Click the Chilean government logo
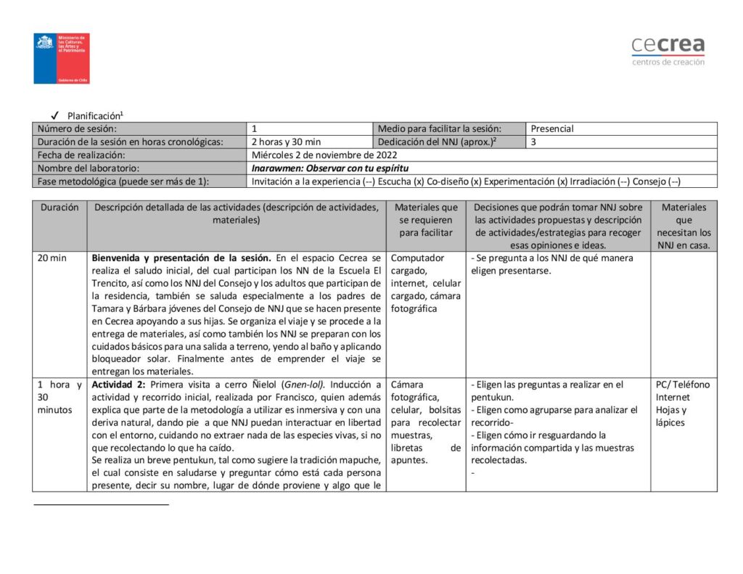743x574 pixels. (62, 58)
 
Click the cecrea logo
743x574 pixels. (668, 50)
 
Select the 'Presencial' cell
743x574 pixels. (552, 128)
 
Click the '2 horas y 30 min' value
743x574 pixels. (286, 142)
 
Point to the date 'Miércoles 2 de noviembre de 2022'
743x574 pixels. (324, 155)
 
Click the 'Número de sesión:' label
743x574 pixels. (76, 128)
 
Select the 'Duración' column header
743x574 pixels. (59, 207)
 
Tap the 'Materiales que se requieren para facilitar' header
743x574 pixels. (426, 220)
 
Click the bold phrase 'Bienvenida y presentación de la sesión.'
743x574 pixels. (181, 258)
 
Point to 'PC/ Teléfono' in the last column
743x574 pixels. (683, 385)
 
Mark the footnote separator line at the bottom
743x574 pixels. (101, 504)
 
